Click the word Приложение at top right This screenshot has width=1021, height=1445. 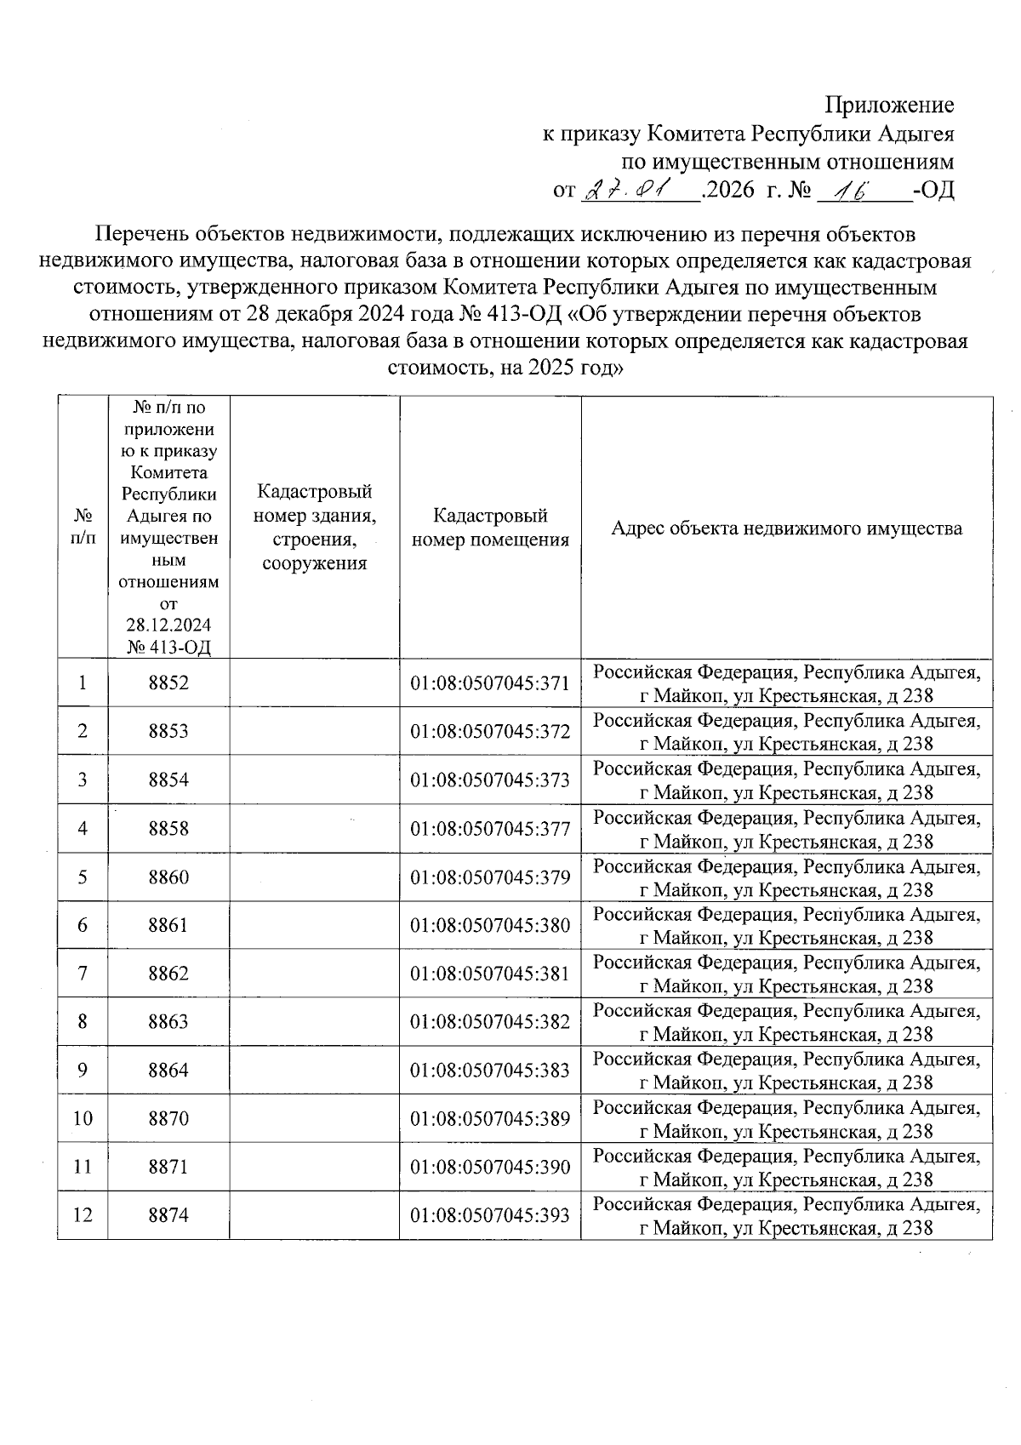click(x=889, y=106)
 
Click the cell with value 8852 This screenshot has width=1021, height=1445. click(x=168, y=683)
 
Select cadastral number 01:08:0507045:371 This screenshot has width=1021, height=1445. click(x=490, y=683)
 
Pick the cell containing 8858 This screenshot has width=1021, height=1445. click(x=168, y=828)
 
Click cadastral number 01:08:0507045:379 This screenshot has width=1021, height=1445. click(x=490, y=877)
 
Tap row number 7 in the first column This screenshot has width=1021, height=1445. click(x=83, y=974)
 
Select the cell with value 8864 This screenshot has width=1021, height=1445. click(x=168, y=1071)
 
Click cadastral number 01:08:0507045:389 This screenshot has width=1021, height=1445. click(x=490, y=1118)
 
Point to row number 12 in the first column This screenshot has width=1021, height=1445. click(x=83, y=1215)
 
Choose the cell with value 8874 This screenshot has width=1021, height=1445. click(x=168, y=1215)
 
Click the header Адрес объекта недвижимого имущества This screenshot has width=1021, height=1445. click(x=786, y=528)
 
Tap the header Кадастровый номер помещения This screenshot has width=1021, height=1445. click(x=490, y=528)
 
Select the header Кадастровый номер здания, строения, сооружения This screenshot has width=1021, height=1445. click(x=315, y=528)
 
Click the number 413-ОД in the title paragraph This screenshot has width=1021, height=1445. click(x=525, y=315)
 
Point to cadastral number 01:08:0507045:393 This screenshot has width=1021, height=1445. click(x=490, y=1215)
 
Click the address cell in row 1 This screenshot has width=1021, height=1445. click(x=786, y=683)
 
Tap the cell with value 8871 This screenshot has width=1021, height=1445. click(x=168, y=1167)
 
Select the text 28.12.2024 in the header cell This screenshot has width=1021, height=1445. click(x=168, y=625)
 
